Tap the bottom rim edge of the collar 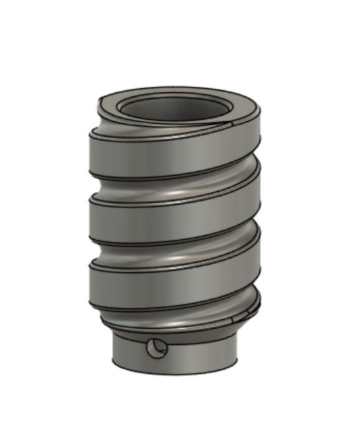176,374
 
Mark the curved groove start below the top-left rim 110,124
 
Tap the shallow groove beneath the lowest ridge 172,318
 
